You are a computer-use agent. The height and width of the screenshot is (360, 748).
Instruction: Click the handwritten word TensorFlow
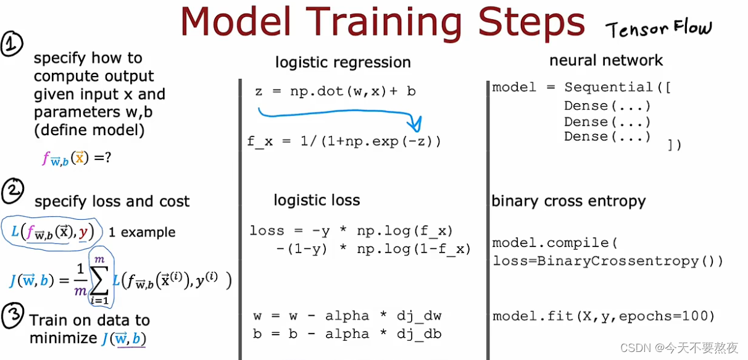659,29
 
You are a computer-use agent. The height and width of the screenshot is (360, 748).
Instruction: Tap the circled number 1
12,44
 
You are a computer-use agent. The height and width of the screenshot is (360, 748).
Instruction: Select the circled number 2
13,191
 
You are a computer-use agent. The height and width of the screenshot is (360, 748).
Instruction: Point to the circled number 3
13,316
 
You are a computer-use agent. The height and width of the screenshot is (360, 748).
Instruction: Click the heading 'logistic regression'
343,62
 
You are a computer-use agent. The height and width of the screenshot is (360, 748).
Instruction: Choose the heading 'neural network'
606,61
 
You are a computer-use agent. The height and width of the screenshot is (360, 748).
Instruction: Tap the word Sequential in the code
609,87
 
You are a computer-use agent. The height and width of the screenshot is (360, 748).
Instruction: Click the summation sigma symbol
99,280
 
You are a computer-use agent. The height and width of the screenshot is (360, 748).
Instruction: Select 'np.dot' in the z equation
317,91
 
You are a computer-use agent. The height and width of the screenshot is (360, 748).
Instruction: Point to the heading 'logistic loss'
317,200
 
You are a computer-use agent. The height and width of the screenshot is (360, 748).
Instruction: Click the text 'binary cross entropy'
568,201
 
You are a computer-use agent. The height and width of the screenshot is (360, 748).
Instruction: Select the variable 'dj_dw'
419,316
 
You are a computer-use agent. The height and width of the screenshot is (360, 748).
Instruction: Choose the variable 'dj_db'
419,334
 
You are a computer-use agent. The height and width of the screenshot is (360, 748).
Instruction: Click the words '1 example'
142,232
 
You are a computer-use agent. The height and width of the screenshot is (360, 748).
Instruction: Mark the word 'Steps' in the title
531,22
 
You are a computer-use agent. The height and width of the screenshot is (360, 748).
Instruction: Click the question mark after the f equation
107,157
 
